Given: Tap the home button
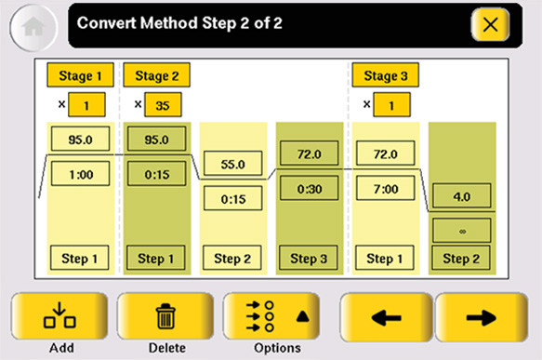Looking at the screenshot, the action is point(33,28).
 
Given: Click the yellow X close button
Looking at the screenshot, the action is point(490,25).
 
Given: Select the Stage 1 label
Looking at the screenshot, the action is point(80,75).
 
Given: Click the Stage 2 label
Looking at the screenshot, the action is point(156,75).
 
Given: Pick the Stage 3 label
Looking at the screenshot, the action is point(386,75).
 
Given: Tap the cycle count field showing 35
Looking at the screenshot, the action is point(163,104).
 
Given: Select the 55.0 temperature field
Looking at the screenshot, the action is point(233,164).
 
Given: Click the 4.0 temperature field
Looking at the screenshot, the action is point(462,196).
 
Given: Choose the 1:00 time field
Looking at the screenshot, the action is point(81,174).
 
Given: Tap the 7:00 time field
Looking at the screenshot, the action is point(386,188).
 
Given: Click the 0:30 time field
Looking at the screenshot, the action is point(309,188).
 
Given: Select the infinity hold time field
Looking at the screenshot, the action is point(462,231).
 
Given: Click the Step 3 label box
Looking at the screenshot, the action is point(309,258).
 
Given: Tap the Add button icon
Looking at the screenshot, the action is point(59,316).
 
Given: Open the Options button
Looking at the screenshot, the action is point(271,316).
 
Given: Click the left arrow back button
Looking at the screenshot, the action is point(387,317).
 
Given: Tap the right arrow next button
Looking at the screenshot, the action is point(482,317).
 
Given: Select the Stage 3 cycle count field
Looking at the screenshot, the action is point(392,104).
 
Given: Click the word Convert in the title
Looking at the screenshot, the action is point(107,23).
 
